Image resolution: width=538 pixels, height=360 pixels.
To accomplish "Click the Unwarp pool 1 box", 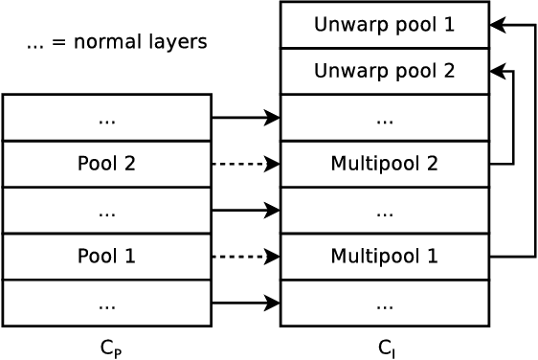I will pyautogui.click(x=384, y=25).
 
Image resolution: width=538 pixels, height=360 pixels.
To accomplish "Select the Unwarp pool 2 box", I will pyautogui.click(x=384, y=71).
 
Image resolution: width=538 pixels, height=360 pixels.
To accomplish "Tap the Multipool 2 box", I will pyautogui.click(x=384, y=164).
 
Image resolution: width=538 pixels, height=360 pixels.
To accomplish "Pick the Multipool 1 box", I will pyautogui.click(x=384, y=257).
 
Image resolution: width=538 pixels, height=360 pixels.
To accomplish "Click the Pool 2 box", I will pyautogui.click(x=106, y=164).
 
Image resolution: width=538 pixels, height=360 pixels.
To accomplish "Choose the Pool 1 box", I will pyautogui.click(x=106, y=257).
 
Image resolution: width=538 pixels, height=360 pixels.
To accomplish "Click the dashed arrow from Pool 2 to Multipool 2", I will pyautogui.click(x=244, y=164).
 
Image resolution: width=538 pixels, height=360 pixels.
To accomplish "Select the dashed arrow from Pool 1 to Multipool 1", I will pyautogui.click(x=244, y=257).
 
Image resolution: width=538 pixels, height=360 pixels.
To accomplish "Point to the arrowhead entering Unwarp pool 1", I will pyautogui.click(x=497, y=25).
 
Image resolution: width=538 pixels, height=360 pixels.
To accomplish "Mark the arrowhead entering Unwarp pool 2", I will pyautogui.click(x=497, y=71).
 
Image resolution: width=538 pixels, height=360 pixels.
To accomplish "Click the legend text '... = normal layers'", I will pyautogui.click(x=117, y=42).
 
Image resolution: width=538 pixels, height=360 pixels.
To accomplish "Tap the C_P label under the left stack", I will pyautogui.click(x=110, y=348).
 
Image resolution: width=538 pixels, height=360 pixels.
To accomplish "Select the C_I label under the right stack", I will pyautogui.click(x=386, y=348).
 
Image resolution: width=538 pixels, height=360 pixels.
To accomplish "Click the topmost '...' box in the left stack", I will pyautogui.click(x=106, y=118).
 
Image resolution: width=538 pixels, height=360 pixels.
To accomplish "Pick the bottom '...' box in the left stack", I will pyautogui.click(x=106, y=303).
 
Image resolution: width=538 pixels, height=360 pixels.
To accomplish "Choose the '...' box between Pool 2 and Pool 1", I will pyautogui.click(x=106, y=211).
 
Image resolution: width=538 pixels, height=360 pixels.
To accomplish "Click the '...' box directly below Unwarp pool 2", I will pyautogui.click(x=384, y=118).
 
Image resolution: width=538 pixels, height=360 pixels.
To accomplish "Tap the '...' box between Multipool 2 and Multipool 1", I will pyautogui.click(x=384, y=211).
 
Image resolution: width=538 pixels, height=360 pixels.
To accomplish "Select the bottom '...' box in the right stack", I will pyautogui.click(x=384, y=303).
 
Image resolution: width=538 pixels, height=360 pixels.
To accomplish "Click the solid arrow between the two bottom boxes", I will pyautogui.click(x=244, y=303).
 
